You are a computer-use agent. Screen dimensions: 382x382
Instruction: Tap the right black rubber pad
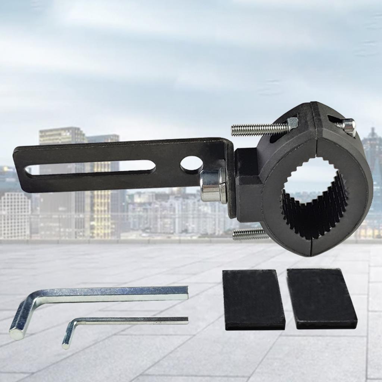click(322, 298)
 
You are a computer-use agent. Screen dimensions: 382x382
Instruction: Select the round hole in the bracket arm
click(191, 163)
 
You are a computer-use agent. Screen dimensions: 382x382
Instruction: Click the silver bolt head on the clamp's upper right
click(348, 126)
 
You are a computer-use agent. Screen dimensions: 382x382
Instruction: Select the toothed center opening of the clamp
click(313, 198)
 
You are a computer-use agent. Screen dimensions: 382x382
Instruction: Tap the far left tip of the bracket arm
click(16, 164)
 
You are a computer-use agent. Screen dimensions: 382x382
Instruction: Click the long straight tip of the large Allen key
click(185, 293)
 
